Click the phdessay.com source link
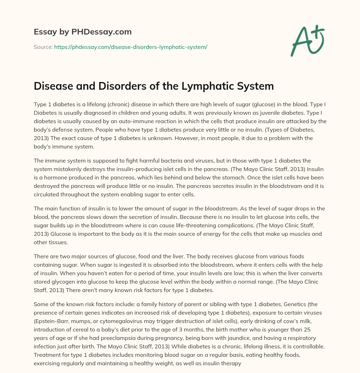130,47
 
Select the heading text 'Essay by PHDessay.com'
83,32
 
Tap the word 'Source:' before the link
43,47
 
